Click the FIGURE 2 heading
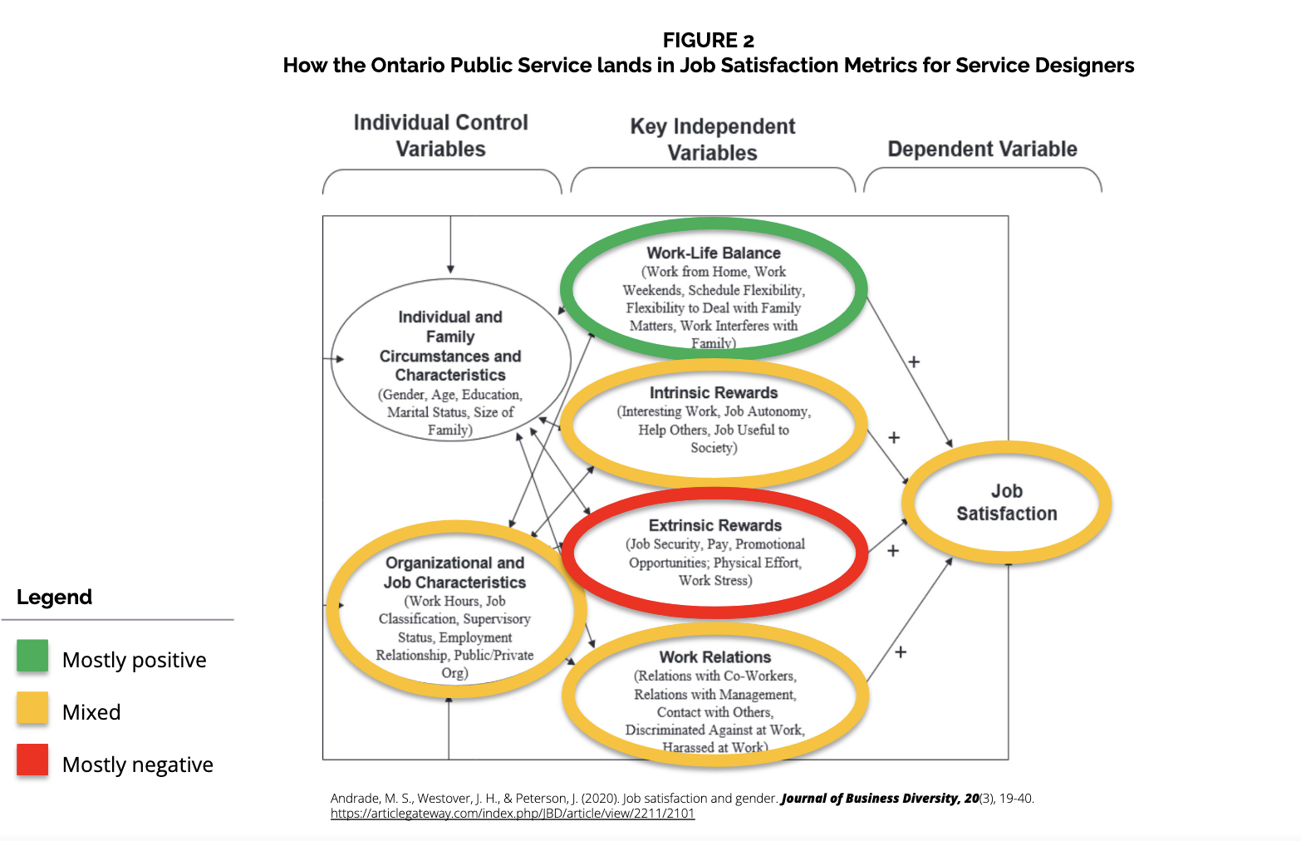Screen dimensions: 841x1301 [708, 40]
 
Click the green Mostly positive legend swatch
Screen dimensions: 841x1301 [32, 656]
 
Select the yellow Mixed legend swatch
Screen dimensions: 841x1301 [32, 708]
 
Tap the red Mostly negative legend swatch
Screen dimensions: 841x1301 [32, 760]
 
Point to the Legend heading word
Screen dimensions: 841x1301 [54, 597]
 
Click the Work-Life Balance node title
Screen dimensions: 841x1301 [714, 253]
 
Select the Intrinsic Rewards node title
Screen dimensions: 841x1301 [714, 392]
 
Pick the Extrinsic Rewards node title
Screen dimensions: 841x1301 [715, 525]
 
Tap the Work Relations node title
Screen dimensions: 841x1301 [715, 657]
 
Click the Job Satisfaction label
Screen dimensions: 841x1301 [1007, 502]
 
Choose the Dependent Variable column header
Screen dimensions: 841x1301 [982, 149]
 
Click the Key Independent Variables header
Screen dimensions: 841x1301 [712, 140]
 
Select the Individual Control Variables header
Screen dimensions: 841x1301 [440, 135]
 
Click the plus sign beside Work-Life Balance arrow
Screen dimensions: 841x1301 [914, 361]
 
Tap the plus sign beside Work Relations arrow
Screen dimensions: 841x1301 [901, 652]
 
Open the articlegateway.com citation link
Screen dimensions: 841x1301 [512, 814]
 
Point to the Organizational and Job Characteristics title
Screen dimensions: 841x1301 [454, 573]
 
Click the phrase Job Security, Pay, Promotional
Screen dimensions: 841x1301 [716, 544]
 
